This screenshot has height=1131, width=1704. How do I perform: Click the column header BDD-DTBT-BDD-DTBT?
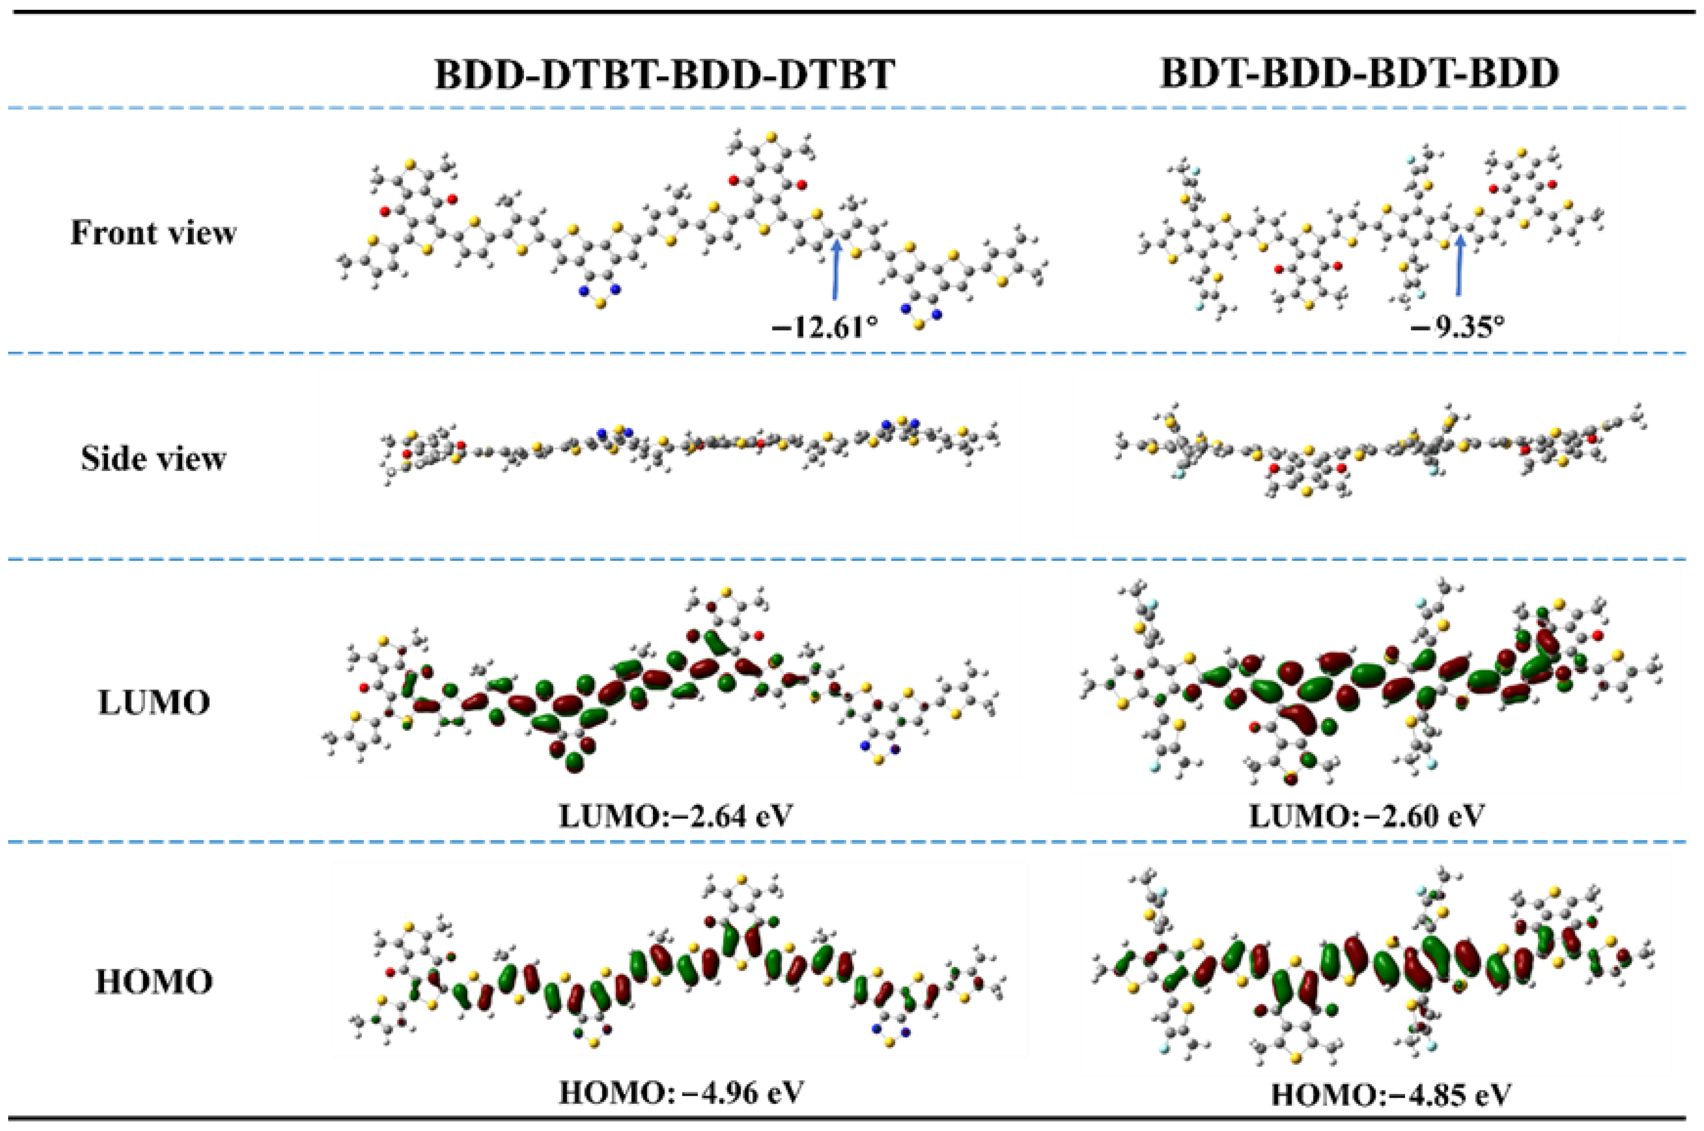664,74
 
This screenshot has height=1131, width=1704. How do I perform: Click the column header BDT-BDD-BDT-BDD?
1359,74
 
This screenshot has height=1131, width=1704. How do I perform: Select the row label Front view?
153,233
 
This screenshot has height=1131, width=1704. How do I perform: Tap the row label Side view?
153,458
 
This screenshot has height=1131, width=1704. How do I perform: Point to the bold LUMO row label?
153,702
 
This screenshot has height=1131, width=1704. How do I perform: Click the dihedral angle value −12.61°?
825,328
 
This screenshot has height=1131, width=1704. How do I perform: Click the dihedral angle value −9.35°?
1458,328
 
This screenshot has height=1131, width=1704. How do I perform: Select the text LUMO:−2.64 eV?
675,816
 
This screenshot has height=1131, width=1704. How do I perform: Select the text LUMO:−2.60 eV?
1366,816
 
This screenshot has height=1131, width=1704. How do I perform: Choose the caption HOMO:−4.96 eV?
680,1093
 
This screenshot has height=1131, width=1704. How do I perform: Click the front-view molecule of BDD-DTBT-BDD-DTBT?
693,231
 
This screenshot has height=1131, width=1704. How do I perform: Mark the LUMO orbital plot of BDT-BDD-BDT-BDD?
1371,685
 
